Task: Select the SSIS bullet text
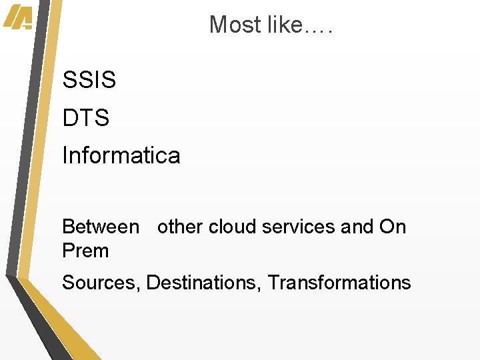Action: click(x=89, y=81)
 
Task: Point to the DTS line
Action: click(x=85, y=119)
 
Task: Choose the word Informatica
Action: click(x=121, y=156)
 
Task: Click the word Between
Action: click(x=101, y=227)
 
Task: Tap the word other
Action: click(x=180, y=227)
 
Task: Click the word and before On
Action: click(x=357, y=227)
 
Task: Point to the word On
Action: click(x=393, y=227)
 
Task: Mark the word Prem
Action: click(x=85, y=251)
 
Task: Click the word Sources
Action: click(x=99, y=283)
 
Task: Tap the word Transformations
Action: click(x=339, y=283)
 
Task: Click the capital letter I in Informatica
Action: click(x=65, y=156)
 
